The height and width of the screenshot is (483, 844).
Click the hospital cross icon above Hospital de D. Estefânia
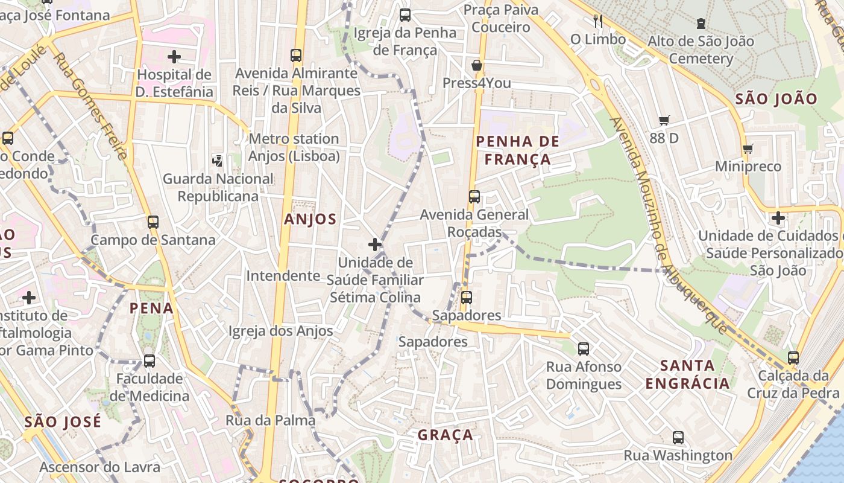pyautogui.click(x=174, y=57)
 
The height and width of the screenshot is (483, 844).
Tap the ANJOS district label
pyautogui.click(x=310, y=219)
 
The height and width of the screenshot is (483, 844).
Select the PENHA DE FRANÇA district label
pyautogui.click(x=518, y=150)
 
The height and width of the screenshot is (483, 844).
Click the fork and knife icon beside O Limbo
pyautogui.click(x=597, y=22)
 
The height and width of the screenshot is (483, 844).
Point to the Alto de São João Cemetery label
pyautogui.click(x=701, y=50)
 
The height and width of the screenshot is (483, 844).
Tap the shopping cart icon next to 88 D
pyautogui.click(x=664, y=121)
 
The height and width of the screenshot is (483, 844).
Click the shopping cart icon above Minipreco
pyautogui.click(x=748, y=149)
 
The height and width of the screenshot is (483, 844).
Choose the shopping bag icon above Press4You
pyautogui.click(x=477, y=65)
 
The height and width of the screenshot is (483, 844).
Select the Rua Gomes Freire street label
pyautogui.click(x=90, y=106)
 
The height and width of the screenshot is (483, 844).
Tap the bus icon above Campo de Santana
pyautogui.click(x=153, y=222)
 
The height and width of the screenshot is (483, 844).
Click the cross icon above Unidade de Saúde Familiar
pyautogui.click(x=375, y=245)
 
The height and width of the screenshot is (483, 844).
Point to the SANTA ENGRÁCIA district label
pyautogui.click(x=687, y=374)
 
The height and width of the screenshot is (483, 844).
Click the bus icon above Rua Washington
pyautogui.click(x=678, y=438)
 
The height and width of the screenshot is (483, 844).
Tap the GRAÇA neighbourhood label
pyautogui.click(x=446, y=435)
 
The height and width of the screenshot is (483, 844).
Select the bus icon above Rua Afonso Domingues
pyautogui.click(x=584, y=348)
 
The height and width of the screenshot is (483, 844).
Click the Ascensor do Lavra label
pyautogui.click(x=100, y=467)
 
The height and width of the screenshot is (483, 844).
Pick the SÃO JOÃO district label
pyautogui.click(x=776, y=99)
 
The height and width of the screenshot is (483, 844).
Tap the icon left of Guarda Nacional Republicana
pyautogui.click(x=218, y=161)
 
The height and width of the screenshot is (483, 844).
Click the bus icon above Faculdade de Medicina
pyautogui.click(x=150, y=361)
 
